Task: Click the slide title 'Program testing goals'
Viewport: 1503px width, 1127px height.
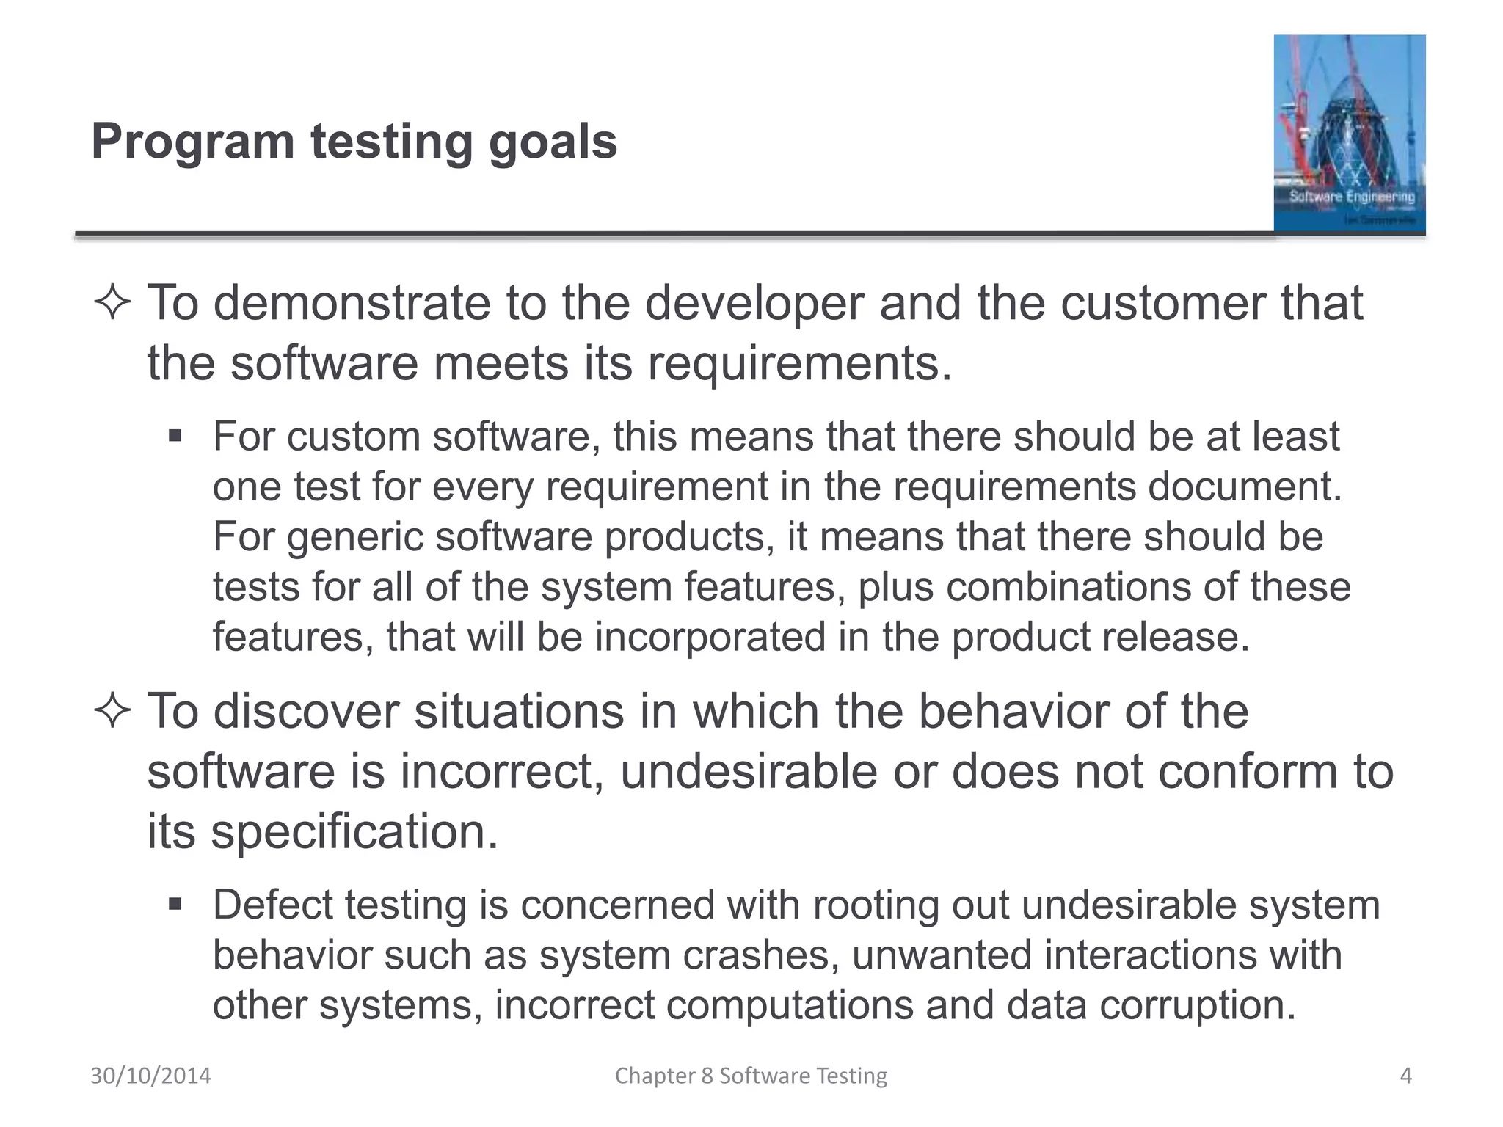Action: click(354, 142)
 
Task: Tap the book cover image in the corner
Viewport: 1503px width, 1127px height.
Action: click(1349, 134)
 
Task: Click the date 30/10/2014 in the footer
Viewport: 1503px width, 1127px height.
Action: click(150, 1076)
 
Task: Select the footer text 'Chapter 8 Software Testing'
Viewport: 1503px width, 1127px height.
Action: click(751, 1076)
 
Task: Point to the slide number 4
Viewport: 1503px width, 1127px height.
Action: click(1405, 1076)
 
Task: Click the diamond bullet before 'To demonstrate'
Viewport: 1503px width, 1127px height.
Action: click(112, 304)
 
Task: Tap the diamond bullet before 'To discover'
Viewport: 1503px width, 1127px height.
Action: click(112, 712)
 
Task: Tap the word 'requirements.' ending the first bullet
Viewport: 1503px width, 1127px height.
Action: click(799, 363)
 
